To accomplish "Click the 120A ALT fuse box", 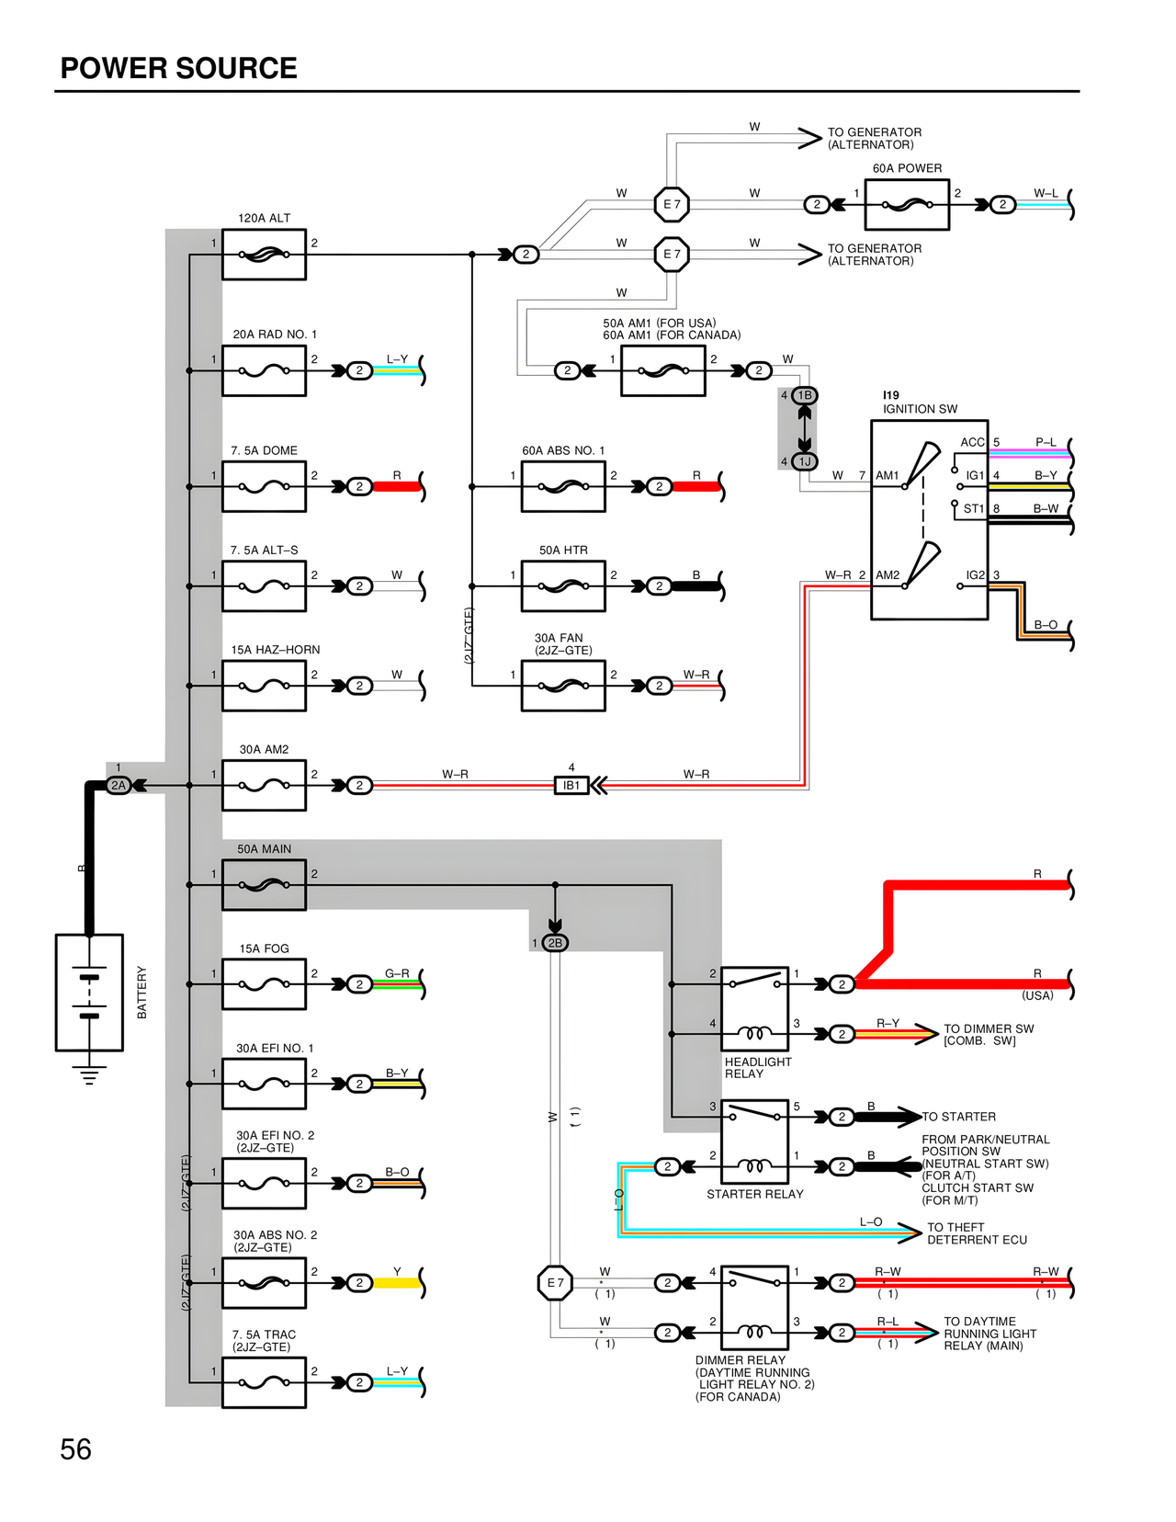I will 264,255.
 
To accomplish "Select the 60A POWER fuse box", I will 907,204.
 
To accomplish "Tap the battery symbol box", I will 89,993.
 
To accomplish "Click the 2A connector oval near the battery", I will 119,785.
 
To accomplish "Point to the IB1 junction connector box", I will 571,785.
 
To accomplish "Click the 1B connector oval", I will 805,395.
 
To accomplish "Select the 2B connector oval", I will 555,943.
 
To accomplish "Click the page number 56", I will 75,1449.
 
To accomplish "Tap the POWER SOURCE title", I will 178,68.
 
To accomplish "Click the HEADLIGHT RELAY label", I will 757,1067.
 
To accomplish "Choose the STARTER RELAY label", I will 754,1194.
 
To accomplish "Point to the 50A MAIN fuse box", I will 264,885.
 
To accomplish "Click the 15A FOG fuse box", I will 264,984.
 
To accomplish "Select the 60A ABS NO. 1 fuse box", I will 563,486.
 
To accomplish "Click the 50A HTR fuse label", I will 563,550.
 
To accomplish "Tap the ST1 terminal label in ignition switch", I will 973,508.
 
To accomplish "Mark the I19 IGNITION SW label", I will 919,403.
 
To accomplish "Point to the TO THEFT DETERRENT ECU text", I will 977,1233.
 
